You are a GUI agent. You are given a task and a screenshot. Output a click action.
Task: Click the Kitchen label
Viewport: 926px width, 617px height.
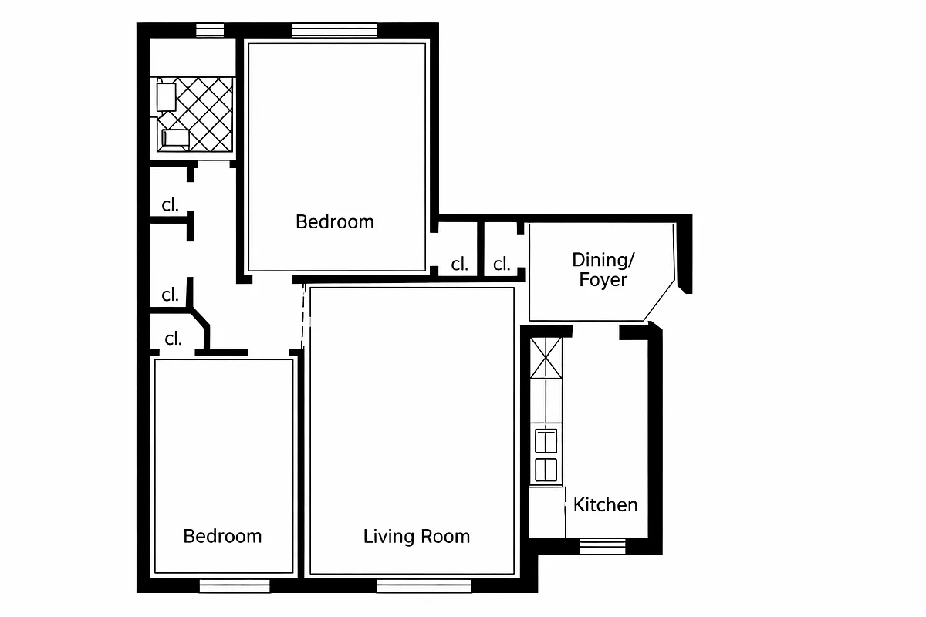coord(605,505)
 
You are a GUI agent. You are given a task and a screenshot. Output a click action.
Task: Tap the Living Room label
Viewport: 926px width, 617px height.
coord(416,536)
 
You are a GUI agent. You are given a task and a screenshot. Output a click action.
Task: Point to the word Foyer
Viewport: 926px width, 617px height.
coord(603,280)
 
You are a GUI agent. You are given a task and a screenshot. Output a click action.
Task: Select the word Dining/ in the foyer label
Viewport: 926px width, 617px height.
coord(603,259)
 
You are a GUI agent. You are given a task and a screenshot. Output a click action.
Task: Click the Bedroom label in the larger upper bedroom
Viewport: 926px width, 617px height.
coord(334,222)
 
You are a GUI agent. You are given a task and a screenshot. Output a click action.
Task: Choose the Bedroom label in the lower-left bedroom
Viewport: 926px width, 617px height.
coord(222,536)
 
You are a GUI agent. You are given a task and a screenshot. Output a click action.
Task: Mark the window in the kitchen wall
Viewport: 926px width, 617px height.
coord(603,546)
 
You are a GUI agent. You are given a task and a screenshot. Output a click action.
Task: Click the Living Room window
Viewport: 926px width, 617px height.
coord(423,586)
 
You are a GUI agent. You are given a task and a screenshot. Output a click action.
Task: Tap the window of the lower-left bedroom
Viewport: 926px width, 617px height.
coord(235,586)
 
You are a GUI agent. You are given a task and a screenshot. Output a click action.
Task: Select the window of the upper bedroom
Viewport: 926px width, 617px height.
coord(335,31)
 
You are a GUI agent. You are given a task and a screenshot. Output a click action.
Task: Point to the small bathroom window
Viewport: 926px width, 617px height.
coord(209,31)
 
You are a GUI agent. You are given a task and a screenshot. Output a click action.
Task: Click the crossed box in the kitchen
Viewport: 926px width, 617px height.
coord(547,359)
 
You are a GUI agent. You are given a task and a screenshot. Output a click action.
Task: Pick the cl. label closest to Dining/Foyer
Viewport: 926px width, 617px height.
coord(502,265)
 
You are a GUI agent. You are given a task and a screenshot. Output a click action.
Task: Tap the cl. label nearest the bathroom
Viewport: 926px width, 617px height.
coord(170,205)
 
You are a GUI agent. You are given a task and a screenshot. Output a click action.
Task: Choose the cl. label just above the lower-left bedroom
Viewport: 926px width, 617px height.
coord(173,339)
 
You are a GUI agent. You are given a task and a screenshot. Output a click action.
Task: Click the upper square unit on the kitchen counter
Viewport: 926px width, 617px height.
coord(546,441)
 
